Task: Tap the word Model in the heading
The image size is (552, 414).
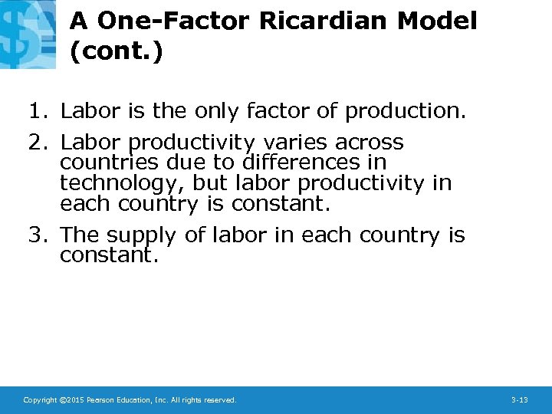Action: tap(437, 21)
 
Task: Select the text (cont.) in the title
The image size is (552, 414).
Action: tap(116, 51)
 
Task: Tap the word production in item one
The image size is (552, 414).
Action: tap(404, 112)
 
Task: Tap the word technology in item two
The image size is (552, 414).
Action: tap(122, 184)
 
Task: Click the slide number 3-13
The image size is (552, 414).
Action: tap(519, 400)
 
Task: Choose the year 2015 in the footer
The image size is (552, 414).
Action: tap(74, 400)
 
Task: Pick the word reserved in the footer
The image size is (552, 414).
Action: tap(219, 400)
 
